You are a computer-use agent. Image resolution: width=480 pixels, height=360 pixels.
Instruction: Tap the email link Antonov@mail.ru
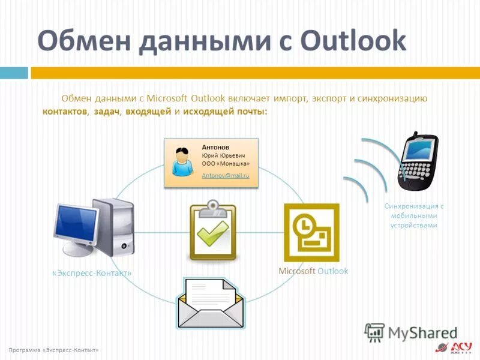tap(225, 176)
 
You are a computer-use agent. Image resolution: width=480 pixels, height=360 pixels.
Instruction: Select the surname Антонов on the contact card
tap(215, 146)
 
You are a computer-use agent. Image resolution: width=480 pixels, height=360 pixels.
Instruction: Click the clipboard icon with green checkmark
tap(212, 231)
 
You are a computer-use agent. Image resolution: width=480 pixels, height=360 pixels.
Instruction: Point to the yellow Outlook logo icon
tap(311, 232)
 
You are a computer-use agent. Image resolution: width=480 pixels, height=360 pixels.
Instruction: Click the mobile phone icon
tap(418, 161)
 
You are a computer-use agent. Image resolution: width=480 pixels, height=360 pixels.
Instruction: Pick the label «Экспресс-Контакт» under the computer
tap(92, 273)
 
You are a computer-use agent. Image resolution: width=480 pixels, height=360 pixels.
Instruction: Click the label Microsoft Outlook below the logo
tap(313, 271)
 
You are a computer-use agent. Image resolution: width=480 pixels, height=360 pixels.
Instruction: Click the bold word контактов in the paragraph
tap(65, 112)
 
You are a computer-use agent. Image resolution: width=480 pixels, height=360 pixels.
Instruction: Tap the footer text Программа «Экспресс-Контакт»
tap(54, 350)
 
